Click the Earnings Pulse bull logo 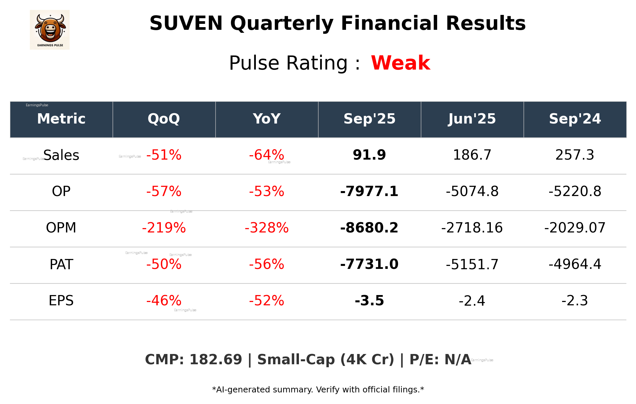50,30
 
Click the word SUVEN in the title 186,24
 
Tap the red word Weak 400,63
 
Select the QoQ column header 164,119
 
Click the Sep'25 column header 369,119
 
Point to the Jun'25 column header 472,119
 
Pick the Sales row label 61,155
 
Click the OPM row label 61,228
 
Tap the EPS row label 61,301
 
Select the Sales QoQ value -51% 164,155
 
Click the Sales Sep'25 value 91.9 369,155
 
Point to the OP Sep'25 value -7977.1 369,191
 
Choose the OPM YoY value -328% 266,228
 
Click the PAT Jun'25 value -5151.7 472,264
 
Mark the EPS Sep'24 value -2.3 575,301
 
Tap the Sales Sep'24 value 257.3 575,155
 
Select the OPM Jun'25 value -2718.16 472,228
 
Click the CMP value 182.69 216,360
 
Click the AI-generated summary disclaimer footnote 318,390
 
